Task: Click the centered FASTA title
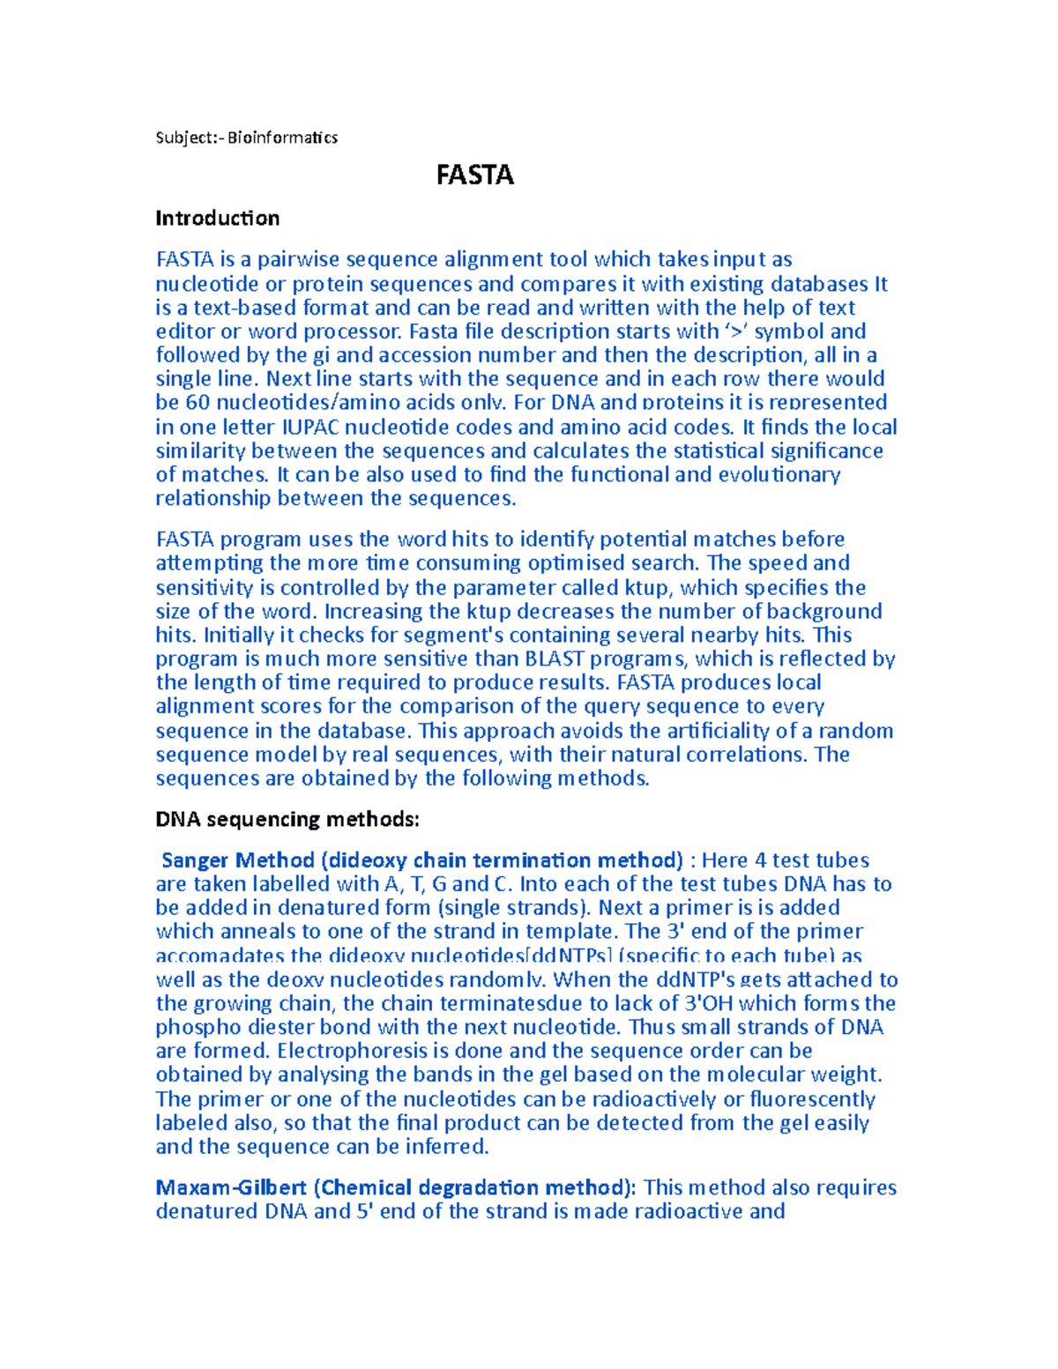[474, 175]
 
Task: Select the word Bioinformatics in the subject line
[282, 138]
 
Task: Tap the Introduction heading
[217, 218]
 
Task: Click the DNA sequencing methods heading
[287, 819]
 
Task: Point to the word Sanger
[194, 860]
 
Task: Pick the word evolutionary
[779, 474]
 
